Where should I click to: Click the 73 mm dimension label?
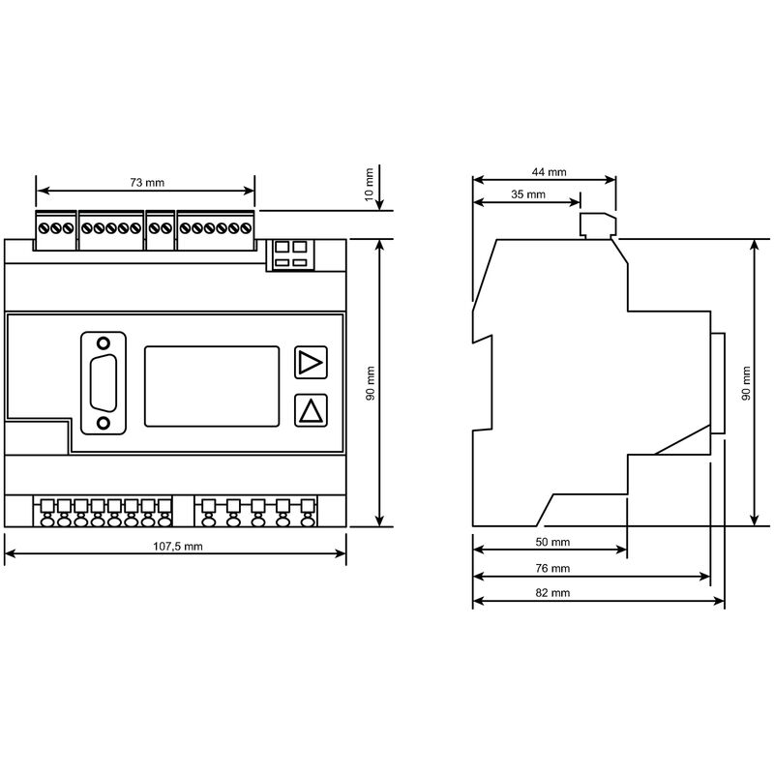pos(146,182)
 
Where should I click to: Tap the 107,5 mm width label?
pos(178,547)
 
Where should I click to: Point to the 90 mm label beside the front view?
pos(369,382)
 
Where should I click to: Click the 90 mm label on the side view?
pos(745,382)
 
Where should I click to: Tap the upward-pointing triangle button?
pos(311,410)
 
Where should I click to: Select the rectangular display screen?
pos(213,385)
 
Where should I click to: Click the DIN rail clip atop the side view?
pos(596,225)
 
